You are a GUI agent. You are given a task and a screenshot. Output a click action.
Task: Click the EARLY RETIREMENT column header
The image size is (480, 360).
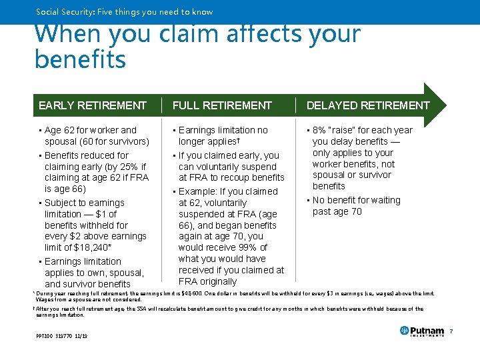click(93, 105)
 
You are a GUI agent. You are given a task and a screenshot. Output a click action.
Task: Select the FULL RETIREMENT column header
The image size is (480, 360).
click(222, 105)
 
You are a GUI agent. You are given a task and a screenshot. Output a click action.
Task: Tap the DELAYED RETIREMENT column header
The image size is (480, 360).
click(368, 105)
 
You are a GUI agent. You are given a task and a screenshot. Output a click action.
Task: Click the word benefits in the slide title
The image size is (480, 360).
click(80, 59)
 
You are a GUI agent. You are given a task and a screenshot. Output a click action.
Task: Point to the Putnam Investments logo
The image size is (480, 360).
click(421, 331)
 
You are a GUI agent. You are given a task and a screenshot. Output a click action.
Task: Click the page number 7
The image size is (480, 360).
click(451, 331)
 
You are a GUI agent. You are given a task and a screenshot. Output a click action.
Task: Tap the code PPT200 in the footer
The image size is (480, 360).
click(45, 335)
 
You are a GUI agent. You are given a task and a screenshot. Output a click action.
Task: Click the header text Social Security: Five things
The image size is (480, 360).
click(125, 11)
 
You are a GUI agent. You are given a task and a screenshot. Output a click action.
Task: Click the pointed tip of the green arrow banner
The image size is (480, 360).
click(445, 105)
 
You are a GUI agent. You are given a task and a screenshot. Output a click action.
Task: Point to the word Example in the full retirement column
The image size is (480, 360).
click(202, 191)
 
